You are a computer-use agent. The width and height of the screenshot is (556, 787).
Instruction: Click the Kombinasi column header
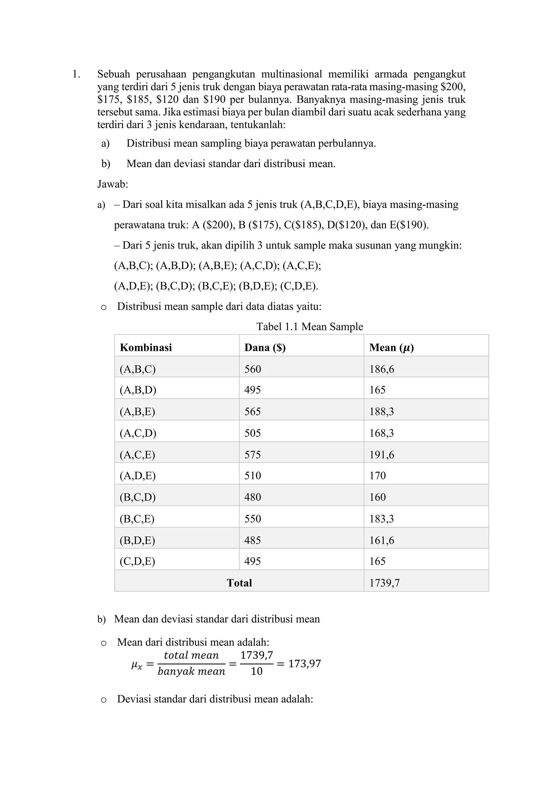[x=146, y=348]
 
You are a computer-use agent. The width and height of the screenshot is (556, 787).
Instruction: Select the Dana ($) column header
[x=265, y=348]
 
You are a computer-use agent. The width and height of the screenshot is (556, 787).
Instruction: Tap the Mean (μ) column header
[x=391, y=348]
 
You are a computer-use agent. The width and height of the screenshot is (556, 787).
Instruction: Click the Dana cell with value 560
[x=253, y=369]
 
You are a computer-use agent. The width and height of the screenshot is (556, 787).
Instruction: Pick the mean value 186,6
[x=381, y=369]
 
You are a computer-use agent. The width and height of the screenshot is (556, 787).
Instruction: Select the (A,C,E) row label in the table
[x=137, y=455]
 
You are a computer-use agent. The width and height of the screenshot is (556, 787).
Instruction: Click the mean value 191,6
[x=381, y=455]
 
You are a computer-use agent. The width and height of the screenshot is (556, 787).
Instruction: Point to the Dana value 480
[x=253, y=497]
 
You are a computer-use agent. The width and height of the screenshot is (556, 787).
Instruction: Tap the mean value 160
[x=377, y=497]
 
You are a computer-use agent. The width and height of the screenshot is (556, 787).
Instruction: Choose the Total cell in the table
[x=239, y=583]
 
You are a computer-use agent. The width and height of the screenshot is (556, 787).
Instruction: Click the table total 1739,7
[x=384, y=583]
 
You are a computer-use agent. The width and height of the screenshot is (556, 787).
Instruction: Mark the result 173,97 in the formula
[x=304, y=664]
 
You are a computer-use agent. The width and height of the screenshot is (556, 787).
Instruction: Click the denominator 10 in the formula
[x=257, y=671]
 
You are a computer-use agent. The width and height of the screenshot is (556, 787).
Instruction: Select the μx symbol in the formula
[x=136, y=665]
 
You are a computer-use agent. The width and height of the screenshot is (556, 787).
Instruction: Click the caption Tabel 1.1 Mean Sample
[x=309, y=327]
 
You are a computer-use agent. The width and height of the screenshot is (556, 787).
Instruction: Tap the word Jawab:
[x=113, y=185]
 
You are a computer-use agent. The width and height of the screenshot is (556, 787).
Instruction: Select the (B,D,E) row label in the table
[x=137, y=541]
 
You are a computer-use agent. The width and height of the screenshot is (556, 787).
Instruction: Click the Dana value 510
[x=253, y=476]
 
